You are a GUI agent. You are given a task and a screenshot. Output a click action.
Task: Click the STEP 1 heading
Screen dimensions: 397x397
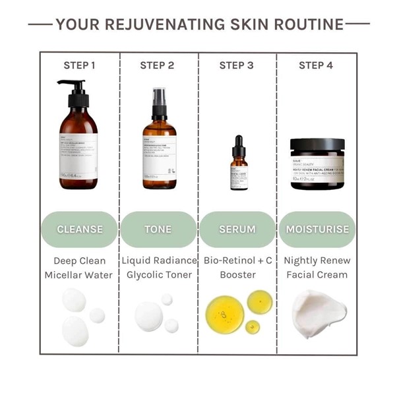click(79, 65)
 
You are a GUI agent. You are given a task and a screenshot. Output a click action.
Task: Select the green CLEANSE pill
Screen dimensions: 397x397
click(80, 229)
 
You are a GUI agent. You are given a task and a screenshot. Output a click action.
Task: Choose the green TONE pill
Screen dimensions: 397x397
click(158, 229)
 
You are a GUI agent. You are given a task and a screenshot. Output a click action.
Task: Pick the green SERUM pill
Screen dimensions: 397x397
click(237, 229)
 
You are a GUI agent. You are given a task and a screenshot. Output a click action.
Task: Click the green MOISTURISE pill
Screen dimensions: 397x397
click(317, 229)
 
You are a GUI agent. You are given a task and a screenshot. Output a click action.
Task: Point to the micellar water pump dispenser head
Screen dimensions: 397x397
click(74, 89)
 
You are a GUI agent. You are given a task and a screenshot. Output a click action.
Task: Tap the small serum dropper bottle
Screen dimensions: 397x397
click(239, 166)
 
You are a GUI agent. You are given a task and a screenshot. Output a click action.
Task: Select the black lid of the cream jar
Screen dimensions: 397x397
click(317, 145)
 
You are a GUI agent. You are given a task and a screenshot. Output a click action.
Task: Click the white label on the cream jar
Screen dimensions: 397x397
click(317, 169)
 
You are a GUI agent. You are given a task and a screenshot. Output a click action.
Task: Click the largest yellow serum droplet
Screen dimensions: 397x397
click(224, 315)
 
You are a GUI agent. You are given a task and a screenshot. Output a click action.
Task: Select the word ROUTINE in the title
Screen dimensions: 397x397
click(307, 25)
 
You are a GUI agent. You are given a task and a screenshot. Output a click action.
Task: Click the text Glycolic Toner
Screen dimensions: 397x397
click(158, 274)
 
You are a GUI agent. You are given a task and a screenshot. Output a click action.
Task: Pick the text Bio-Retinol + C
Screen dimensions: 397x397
click(237, 260)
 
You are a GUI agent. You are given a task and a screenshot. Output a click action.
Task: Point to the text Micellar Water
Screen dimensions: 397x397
click(79, 274)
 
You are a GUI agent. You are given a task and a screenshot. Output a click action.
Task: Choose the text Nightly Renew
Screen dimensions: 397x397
click(317, 260)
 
